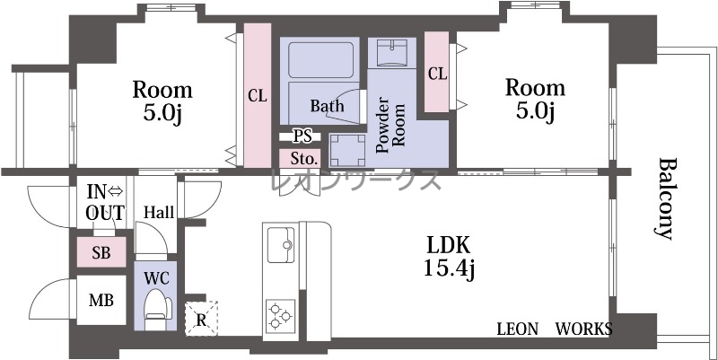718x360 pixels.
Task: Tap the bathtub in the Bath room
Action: point(321,60)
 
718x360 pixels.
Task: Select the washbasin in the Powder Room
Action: point(392,53)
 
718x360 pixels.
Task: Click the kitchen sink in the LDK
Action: point(281,245)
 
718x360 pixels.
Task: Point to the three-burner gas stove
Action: point(281,315)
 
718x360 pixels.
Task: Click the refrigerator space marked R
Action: point(201,320)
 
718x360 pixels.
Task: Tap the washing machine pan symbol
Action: point(348,151)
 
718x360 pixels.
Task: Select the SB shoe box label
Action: point(101,253)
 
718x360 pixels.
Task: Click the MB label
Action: point(101,301)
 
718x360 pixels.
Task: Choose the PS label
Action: point(302,136)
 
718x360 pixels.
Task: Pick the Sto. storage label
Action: point(304,160)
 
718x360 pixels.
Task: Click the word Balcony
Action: point(665,198)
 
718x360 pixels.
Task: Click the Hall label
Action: point(159,212)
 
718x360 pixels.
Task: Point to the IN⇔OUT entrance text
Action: point(105,203)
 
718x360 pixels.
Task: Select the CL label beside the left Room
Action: point(258,96)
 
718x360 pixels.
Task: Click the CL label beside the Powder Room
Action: point(438,74)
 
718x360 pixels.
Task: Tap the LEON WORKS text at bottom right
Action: point(555,329)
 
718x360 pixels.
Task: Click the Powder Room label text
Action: point(390,125)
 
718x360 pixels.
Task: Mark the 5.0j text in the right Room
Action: point(535,111)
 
